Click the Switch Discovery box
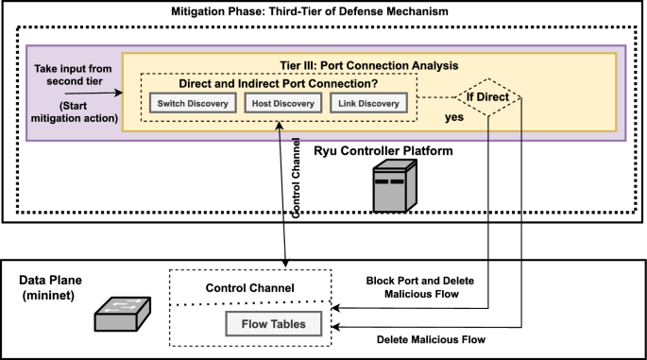coord(192,103)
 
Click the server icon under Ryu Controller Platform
coord(389,186)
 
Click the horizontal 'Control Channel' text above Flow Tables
coord(251,286)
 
